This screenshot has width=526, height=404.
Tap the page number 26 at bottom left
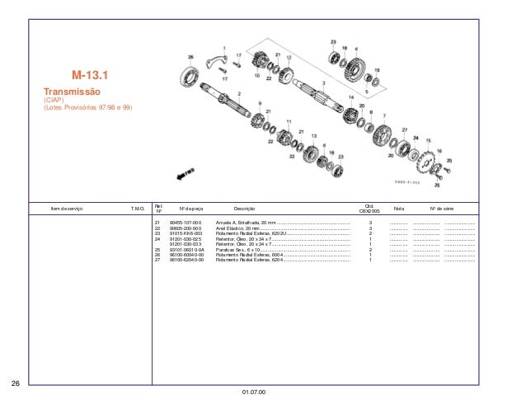(x=15, y=383)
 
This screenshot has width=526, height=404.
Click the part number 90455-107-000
(x=184, y=223)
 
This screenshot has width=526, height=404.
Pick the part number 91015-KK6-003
(x=184, y=233)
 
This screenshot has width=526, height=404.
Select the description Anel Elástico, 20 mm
(x=238, y=228)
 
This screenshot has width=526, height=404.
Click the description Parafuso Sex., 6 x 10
(x=237, y=249)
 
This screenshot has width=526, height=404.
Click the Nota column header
(x=400, y=209)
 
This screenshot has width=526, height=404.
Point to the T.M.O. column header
(x=138, y=209)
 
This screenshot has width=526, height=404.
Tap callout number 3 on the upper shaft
(x=322, y=83)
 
